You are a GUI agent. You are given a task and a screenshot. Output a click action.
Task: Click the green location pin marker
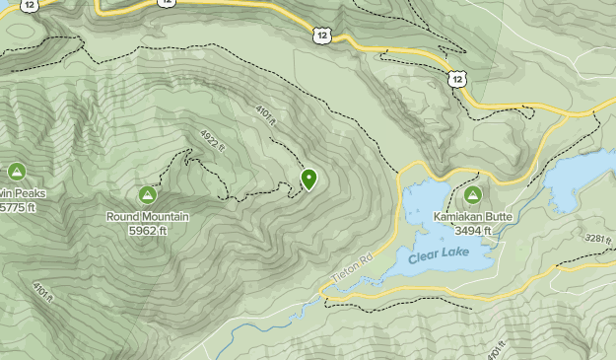tap(309, 179)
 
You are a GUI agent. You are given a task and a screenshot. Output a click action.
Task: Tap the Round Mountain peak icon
tap(148, 194)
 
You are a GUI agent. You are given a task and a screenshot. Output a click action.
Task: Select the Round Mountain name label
tap(148, 216)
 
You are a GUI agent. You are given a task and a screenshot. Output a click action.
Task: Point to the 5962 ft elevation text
tap(148, 230)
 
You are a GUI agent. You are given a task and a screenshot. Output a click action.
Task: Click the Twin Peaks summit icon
tap(17, 172)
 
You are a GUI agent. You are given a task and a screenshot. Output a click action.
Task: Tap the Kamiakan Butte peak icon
tap(472, 194)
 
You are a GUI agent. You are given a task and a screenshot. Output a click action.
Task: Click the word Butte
tap(500, 216)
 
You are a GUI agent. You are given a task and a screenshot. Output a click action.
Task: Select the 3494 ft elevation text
tap(474, 230)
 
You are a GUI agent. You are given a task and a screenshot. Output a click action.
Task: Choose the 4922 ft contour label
tap(214, 141)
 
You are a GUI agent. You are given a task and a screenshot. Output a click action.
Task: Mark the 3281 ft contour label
tap(595, 240)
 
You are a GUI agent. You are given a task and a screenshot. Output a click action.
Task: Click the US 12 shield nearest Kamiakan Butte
tap(454, 77)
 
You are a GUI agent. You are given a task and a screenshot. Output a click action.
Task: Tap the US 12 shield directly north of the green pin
tap(322, 36)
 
